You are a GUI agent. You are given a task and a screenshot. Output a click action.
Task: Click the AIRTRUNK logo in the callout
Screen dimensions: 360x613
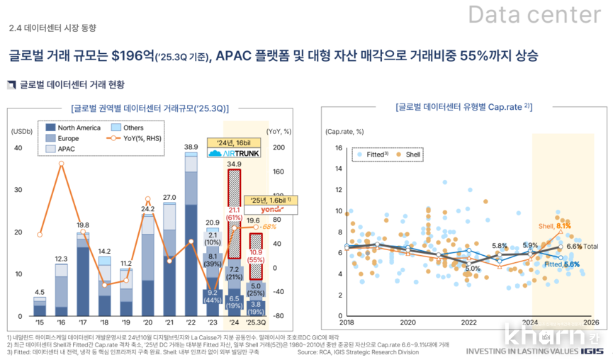coord(225,153)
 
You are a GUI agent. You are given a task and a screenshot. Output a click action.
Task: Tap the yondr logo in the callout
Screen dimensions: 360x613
coord(269,210)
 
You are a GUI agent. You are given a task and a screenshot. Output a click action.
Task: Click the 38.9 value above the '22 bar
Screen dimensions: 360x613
coord(191,147)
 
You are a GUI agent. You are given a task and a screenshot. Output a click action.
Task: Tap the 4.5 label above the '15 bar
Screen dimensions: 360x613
coord(40,292)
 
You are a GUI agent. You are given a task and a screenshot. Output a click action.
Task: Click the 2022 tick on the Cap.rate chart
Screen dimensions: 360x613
coord(469,322)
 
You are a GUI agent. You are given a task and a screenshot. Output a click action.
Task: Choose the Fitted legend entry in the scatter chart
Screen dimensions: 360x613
coord(373,153)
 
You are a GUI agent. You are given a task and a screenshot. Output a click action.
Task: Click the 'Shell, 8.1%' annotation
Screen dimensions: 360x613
coord(554,226)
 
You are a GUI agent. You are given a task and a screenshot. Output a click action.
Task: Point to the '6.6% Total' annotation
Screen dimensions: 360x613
coord(582,246)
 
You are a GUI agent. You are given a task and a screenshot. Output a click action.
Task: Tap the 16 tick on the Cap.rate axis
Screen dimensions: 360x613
coord(339,148)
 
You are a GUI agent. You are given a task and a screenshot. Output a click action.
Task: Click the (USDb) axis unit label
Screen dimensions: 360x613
coord(22,131)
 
